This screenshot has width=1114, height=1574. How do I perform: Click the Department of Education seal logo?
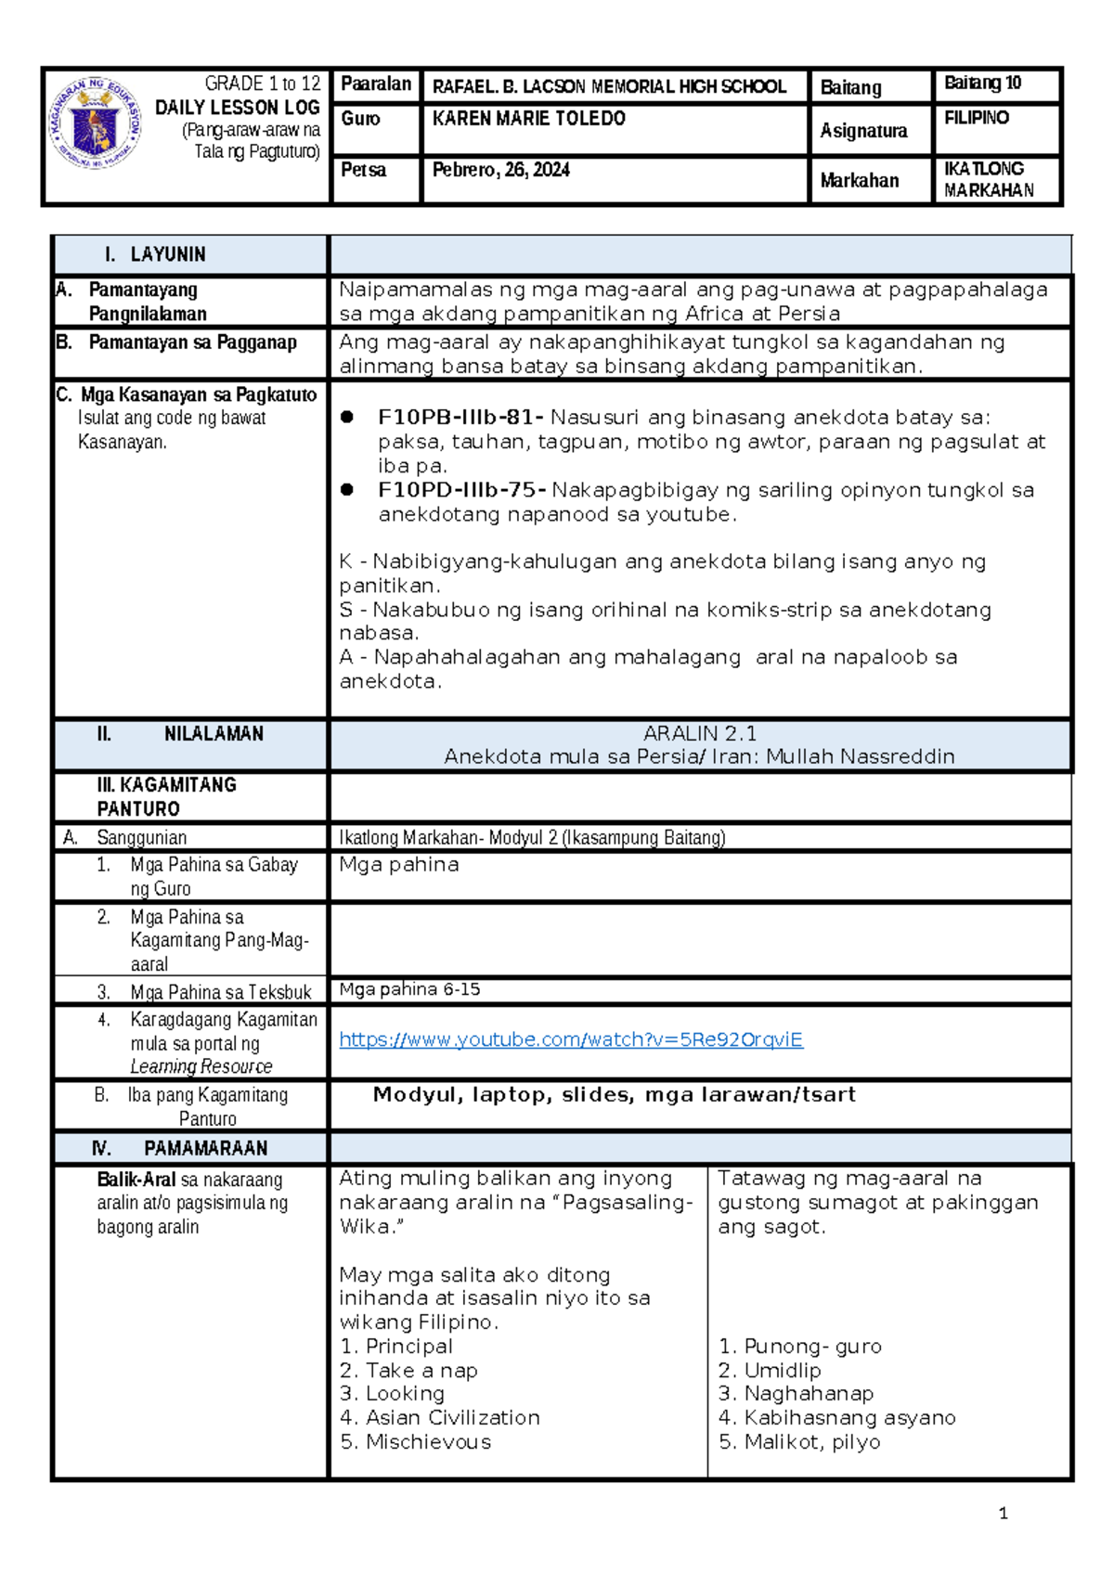[96, 123]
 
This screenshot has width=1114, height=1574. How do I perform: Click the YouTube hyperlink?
[570, 1040]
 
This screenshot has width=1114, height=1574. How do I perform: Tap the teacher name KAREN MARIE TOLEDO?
[528, 119]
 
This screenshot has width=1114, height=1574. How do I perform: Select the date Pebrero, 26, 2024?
[500, 170]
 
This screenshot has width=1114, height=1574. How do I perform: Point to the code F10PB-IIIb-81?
[460, 418]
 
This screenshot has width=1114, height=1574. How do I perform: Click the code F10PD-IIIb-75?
[460, 490]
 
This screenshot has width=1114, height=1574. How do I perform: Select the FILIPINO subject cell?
[976, 118]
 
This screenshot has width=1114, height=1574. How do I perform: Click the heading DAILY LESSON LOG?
[237, 108]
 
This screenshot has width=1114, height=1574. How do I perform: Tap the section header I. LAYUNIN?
[156, 254]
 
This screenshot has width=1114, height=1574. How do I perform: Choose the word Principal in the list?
[408, 1347]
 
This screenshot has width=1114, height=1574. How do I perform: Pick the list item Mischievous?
[428, 1442]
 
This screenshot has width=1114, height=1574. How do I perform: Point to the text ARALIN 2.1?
[700, 733]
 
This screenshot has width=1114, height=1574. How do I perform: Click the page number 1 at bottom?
[1003, 1514]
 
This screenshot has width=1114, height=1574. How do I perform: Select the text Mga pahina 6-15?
[409, 989]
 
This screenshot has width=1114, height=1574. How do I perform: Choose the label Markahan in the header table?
[859, 181]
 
